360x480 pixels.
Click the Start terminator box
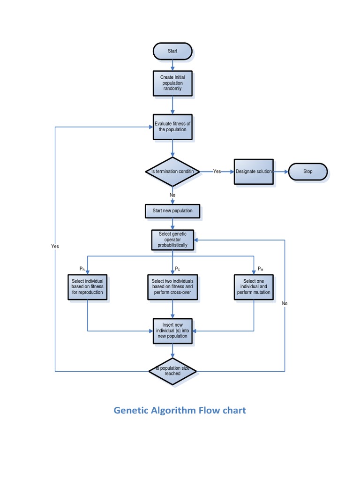point(172,51)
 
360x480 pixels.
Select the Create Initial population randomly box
point(172,83)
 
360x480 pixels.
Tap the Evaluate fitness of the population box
point(172,127)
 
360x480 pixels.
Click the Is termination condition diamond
point(172,172)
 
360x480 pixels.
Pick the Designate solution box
point(254,172)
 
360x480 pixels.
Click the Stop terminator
point(307,172)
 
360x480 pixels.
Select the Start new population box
point(172,211)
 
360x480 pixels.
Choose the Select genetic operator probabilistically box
point(172,240)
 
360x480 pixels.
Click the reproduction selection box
point(88,287)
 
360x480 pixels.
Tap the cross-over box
point(172,287)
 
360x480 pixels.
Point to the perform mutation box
point(254,287)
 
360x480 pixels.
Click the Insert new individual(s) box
point(172,331)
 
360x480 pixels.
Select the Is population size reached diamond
point(172,371)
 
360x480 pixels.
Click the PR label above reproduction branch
point(82,269)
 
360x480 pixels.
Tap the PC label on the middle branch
point(178,269)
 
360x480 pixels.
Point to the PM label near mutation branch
point(261,269)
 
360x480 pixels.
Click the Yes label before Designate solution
point(217,172)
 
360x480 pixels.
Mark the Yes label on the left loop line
point(55,246)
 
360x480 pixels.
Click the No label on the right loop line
point(285,303)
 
